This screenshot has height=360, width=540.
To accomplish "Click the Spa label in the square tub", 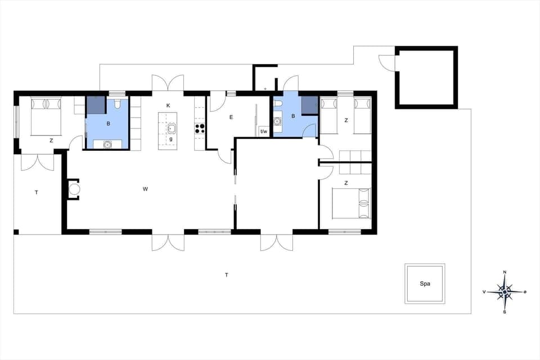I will (425, 284).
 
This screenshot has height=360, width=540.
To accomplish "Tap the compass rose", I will (505, 292).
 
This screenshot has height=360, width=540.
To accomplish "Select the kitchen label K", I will (168, 106).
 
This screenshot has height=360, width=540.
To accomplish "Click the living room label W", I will (145, 189).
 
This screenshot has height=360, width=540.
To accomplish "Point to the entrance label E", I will (231, 118).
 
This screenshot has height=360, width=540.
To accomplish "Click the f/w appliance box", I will (263, 132).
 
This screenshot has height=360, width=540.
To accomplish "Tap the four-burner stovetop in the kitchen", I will (199, 128).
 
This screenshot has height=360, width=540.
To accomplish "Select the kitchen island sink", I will (172, 128).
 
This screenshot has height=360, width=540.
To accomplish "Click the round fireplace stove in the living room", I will (74, 189).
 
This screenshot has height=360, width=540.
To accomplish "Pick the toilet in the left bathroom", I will (118, 105).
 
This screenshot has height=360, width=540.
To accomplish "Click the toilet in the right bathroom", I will (278, 103).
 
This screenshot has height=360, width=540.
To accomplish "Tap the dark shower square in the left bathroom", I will (95, 105).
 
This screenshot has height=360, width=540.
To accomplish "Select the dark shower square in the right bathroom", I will (309, 105).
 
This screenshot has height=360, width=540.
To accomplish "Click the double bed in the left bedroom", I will (45, 116).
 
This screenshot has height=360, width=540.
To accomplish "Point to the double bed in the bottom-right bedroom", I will (352, 202).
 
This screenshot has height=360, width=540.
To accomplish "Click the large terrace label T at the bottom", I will (227, 275).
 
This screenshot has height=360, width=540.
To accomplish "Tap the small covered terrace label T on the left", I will (37, 193).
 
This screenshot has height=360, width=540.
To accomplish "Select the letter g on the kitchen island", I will (170, 138).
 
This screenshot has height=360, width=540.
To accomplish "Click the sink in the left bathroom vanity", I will (107, 145).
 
